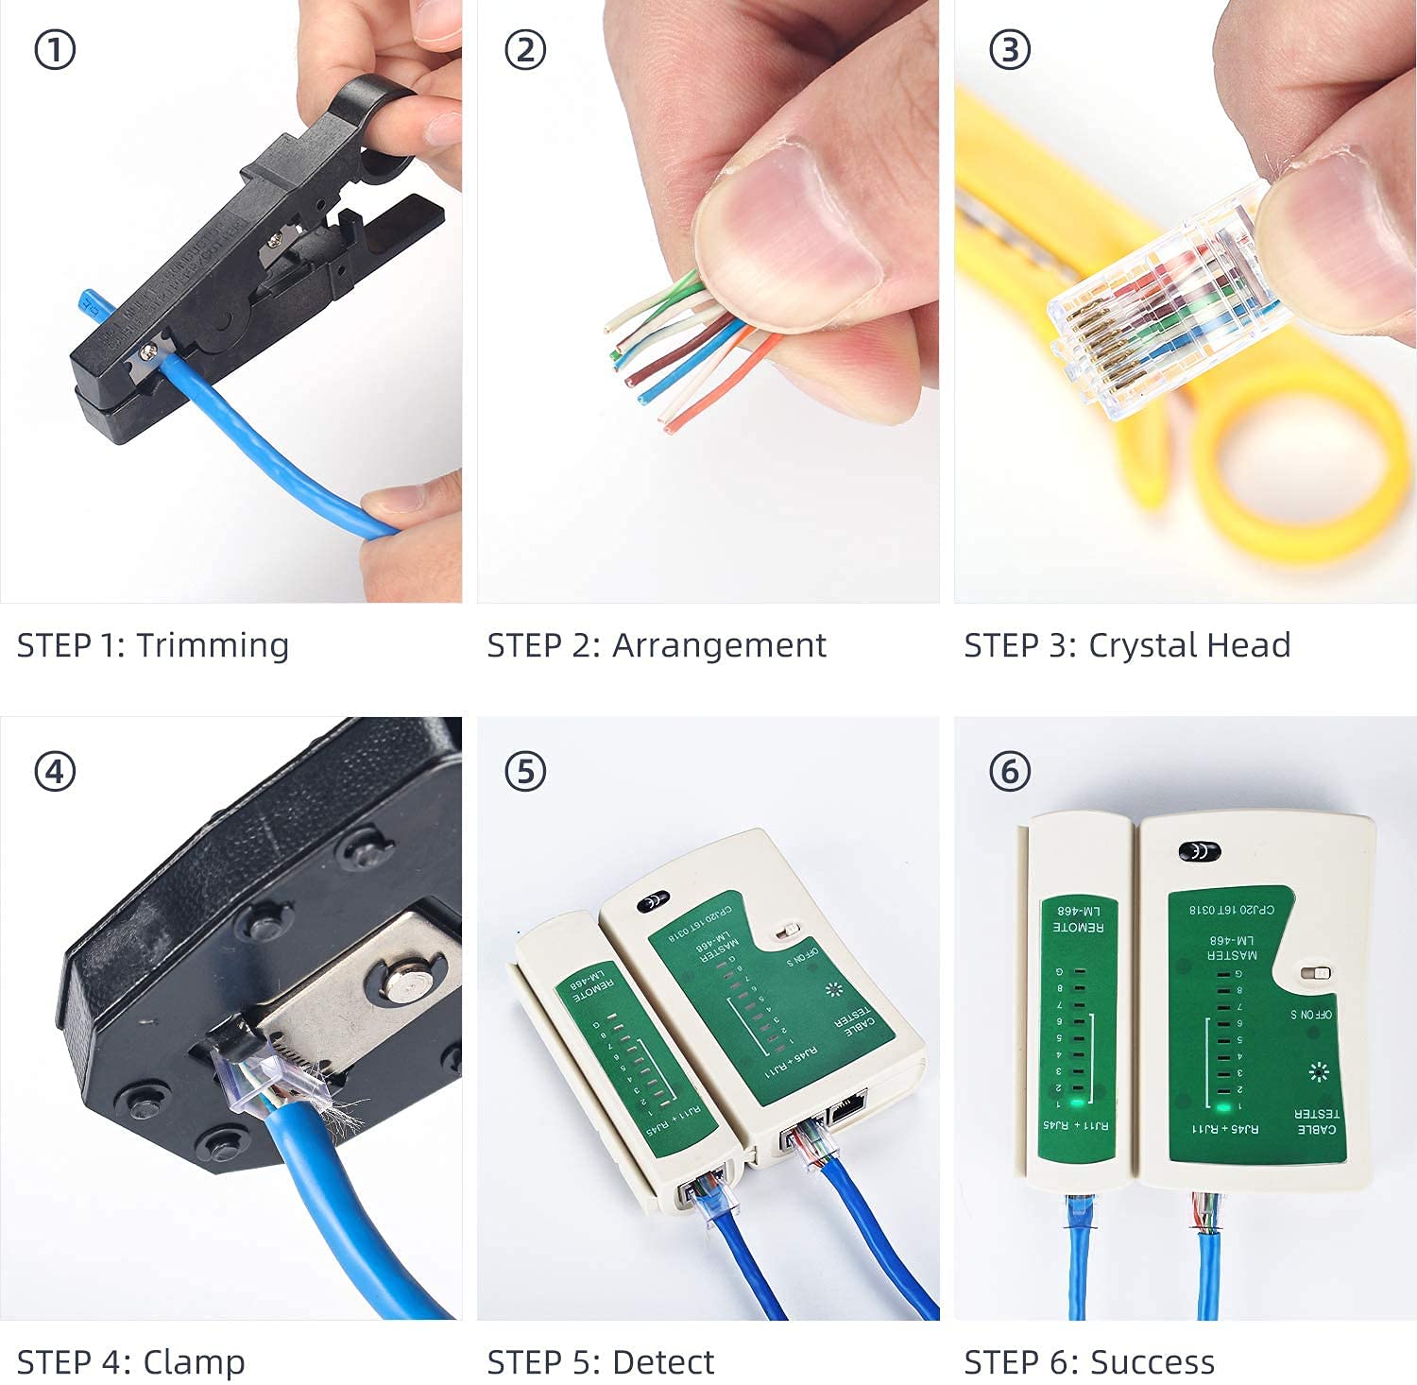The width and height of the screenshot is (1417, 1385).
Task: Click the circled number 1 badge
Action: tap(55, 50)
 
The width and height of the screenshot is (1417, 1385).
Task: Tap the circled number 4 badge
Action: tap(55, 772)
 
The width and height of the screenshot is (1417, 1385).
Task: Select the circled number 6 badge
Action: tap(1010, 772)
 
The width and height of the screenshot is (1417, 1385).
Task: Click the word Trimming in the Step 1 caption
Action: tap(213, 645)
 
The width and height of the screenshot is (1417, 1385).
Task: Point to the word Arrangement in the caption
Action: tap(719, 645)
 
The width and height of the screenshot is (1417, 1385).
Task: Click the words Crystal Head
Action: tap(1189, 645)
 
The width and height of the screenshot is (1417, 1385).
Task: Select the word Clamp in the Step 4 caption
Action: tap(194, 1361)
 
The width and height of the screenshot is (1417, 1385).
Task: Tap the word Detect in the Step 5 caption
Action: tap(663, 1361)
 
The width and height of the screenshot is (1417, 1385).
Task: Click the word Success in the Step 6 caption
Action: tap(1152, 1361)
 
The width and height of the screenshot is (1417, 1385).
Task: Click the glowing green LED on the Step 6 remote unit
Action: tap(1076, 1102)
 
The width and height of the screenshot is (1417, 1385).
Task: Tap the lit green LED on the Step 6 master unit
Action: tap(1223, 1106)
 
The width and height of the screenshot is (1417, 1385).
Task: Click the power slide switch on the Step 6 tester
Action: tap(1315, 973)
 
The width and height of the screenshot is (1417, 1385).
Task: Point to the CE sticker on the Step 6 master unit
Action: tap(1200, 851)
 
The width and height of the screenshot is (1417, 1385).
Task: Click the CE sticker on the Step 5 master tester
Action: tap(653, 902)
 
